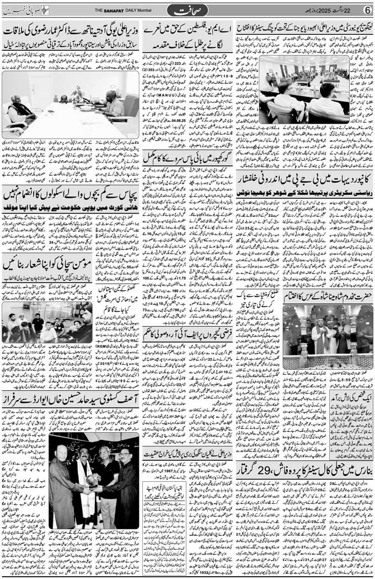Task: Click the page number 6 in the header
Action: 367,9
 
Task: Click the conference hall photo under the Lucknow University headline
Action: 304,88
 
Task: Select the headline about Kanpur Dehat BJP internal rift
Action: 305,180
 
